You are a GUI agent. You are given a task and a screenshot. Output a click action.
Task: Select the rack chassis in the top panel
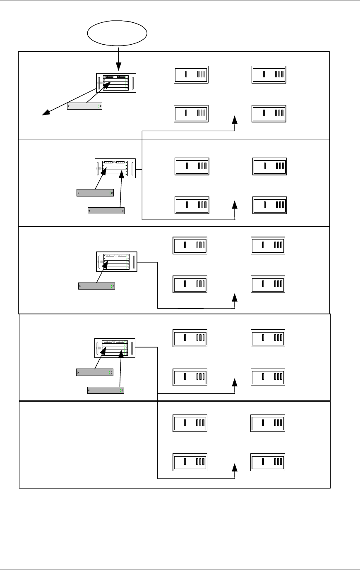[116, 83]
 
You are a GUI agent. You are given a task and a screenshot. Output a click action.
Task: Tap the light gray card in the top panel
[84, 106]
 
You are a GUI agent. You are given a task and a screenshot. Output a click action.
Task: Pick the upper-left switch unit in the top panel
[191, 74]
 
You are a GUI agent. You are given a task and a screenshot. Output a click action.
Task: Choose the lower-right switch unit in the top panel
[269, 113]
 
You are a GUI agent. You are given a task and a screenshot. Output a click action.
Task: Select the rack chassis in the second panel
[115, 168]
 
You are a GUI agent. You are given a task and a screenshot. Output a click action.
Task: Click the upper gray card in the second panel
[95, 193]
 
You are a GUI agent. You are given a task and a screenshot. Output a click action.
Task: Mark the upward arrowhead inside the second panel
[235, 205]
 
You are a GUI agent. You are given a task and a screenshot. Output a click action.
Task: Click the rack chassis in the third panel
[116, 262]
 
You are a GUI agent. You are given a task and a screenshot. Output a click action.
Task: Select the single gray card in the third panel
[96, 286]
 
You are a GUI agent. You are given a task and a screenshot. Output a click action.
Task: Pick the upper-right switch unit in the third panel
[268, 246]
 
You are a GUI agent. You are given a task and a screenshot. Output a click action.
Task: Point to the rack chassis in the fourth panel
[115, 348]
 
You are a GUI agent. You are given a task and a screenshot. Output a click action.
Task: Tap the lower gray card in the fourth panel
[106, 390]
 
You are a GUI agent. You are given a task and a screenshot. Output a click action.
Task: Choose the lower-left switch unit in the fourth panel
[190, 377]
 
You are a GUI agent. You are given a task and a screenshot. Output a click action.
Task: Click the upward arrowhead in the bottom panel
[235, 468]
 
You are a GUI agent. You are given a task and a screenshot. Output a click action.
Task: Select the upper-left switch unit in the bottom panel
[190, 423]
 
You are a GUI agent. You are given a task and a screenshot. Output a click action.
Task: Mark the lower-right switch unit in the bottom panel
[268, 462]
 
